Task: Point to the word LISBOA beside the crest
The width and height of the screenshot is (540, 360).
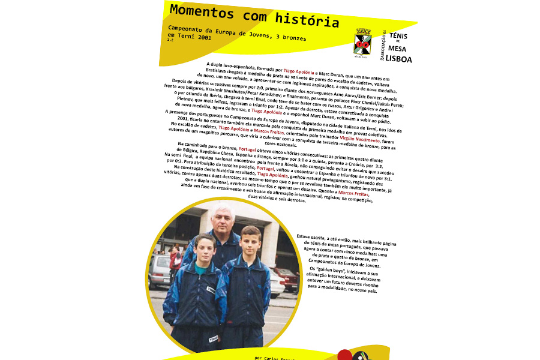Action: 398,59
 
